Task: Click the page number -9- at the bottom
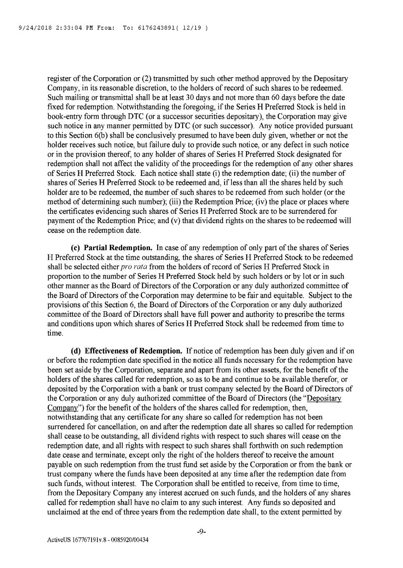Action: click(x=201, y=531)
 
